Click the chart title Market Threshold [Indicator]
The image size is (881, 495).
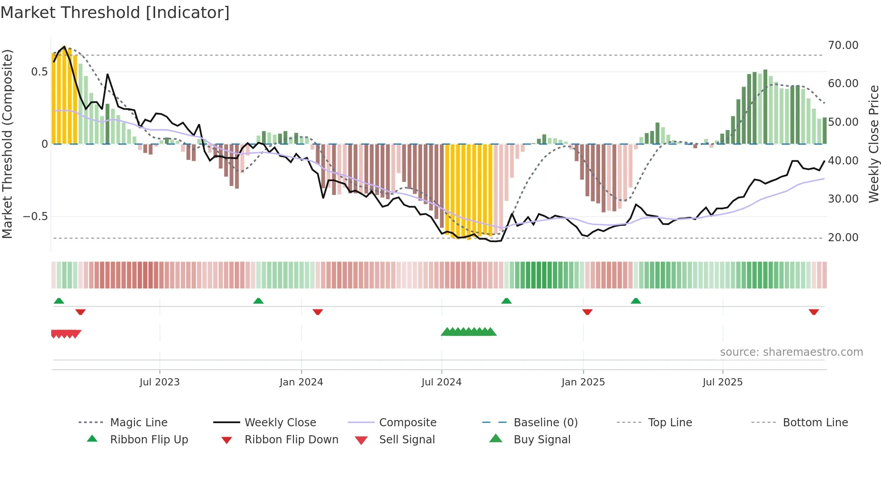115,13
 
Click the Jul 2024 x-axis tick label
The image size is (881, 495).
441,382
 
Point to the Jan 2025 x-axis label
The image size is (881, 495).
583,382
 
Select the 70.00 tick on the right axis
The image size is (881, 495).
843,45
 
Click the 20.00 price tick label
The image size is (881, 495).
843,237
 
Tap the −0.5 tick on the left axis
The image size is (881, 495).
36,217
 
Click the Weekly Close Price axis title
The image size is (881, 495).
873,144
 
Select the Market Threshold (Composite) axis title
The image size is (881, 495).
7,144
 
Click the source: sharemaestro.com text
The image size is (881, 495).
791,352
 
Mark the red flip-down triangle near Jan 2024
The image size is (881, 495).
318,312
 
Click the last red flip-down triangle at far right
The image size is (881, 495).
814,312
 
